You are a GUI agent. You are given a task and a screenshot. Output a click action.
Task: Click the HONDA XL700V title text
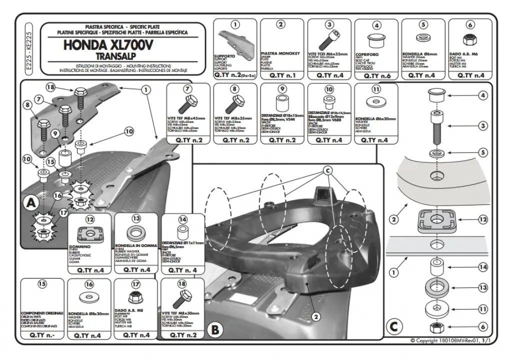108,44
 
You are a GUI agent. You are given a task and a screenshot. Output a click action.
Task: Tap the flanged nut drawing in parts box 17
135,298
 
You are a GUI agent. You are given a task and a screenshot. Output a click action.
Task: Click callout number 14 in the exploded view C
482,267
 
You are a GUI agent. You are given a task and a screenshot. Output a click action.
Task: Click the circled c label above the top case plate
328,170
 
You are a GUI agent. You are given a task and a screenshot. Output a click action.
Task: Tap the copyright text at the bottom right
453,340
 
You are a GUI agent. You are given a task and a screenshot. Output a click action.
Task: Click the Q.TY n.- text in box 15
42,335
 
